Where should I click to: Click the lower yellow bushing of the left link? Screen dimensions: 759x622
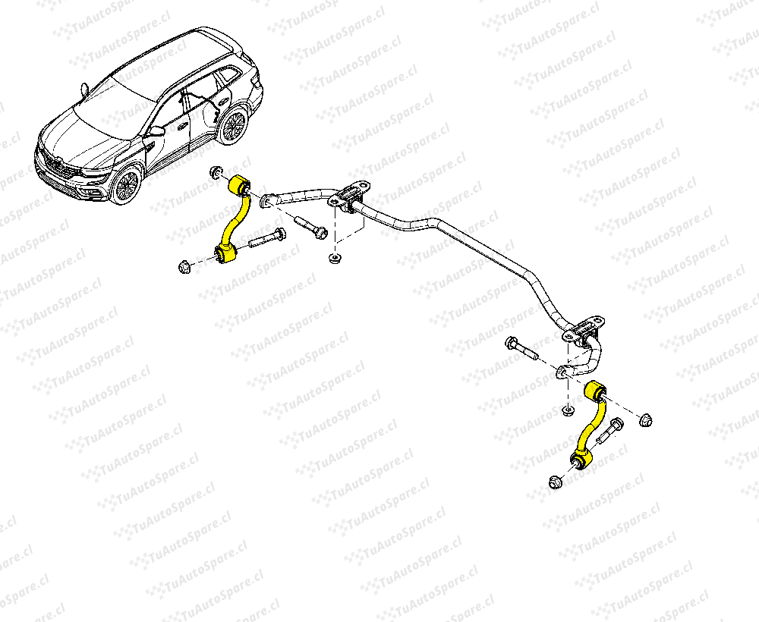(x=225, y=253)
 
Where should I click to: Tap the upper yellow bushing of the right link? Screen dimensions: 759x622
(x=595, y=391)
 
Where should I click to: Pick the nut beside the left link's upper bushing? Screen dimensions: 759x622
(x=216, y=172)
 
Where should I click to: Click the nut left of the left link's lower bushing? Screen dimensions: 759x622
(x=184, y=266)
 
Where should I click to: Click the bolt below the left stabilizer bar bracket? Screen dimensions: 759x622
(x=310, y=227)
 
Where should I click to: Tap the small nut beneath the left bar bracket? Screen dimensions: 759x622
(x=333, y=258)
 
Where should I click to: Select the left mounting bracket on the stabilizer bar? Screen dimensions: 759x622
(x=349, y=196)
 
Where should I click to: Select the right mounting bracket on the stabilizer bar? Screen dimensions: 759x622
(x=583, y=332)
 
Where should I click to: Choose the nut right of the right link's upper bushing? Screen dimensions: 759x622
(x=645, y=420)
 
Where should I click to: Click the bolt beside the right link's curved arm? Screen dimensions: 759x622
(x=610, y=431)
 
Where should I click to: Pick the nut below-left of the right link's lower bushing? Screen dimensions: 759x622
(x=556, y=482)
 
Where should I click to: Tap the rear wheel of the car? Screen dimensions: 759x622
(x=233, y=126)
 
